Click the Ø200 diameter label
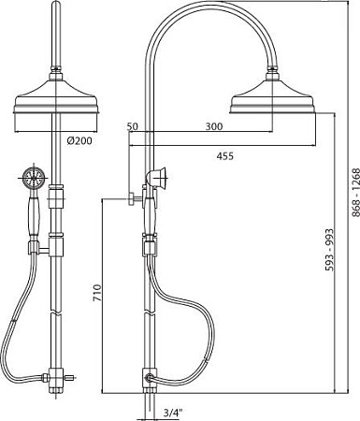point(79,141)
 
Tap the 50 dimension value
point(132,126)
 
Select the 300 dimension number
point(214,126)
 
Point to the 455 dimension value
point(224,156)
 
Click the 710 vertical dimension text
point(97,293)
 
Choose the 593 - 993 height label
point(329,250)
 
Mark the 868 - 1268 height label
point(355,193)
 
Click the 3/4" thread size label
point(173,414)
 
